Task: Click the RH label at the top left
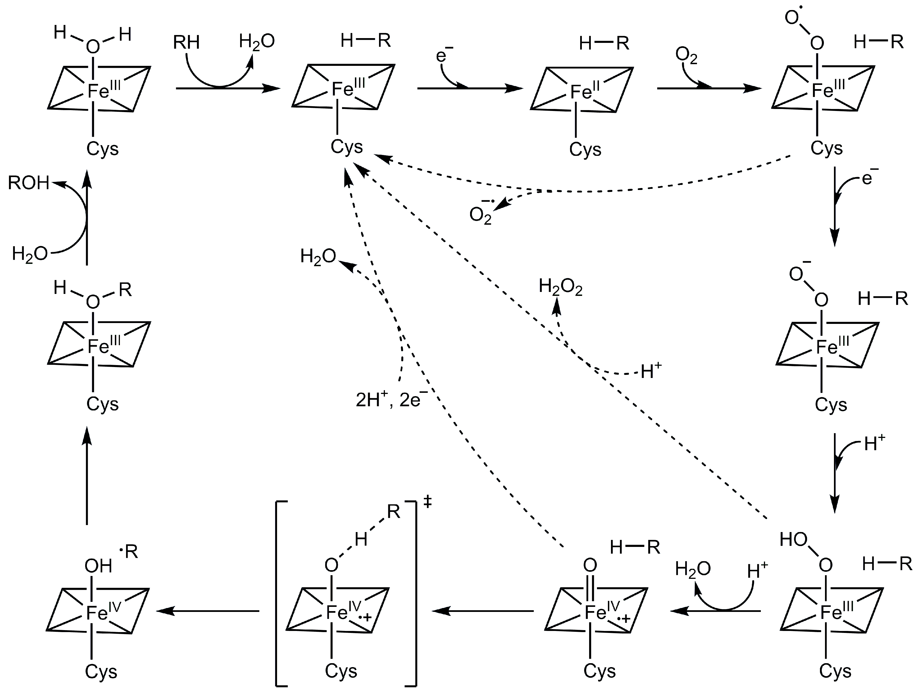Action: pyautogui.click(x=186, y=42)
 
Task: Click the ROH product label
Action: pyautogui.click(x=28, y=183)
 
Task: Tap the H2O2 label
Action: pyautogui.click(x=560, y=287)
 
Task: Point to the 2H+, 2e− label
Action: pyautogui.click(x=391, y=401)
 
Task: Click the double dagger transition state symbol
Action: pyautogui.click(x=428, y=503)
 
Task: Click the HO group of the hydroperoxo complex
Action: pyautogui.click(x=794, y=540)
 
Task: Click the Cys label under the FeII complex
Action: pyautogui.click(x=585, y=149)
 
